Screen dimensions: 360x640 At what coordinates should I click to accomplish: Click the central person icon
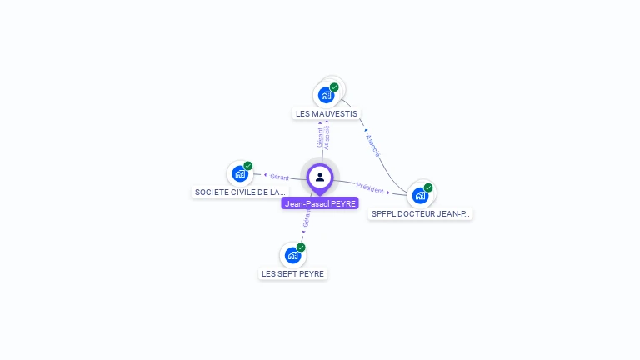pyautogui.click(x=320, y=177)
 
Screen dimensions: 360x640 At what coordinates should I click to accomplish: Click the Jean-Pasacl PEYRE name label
pyautogui.click(x=320, y=203)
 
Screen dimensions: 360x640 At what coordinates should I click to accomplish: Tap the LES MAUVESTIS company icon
pyautogui.click(x=326, y=95)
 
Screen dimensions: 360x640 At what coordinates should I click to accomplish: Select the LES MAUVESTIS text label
pyautogui.click(x=327, y=113)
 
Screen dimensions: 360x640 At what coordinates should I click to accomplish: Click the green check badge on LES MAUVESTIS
pyautogui.click(x=334, y=87)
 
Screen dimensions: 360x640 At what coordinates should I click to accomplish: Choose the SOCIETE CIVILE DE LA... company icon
pyautogui.click(x=240, y=174)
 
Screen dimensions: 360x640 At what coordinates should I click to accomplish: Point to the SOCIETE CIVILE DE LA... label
pyautogui.click(x=240, y=192)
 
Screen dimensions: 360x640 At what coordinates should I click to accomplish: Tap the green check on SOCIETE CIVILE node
pyautogui.click(x=248, y=166)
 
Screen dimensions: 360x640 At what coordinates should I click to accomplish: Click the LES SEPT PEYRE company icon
pyautogui.click(x=292, y=255)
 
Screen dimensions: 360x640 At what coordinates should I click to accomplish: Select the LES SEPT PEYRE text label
pyautogui.click(x=292, y=273)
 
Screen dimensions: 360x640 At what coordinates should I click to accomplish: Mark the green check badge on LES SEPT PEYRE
pyautogui.click(x=301, y=247)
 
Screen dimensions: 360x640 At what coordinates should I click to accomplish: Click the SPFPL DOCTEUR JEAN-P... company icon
pyautogui.click(x=420, y=195)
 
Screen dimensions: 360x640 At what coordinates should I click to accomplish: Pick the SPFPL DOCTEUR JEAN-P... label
pyautogui.click(x=421, y=213)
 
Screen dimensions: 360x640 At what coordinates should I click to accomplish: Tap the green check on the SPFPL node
pyautogui.click(x=428, y=187)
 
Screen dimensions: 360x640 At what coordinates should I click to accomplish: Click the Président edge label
pyautogui.click(x=370, y=188)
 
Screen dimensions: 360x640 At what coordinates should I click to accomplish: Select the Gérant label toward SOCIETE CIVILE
pyautogui.click(x=279, y=177)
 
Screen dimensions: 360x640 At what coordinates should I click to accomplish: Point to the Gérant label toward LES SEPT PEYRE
pyautogui.click(x=307, y=218)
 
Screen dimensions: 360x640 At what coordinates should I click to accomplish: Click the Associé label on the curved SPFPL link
pyautogui.click(x=373, y=146)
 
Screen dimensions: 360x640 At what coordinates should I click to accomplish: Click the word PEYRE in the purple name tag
pyautogui.click(x=342, y=203)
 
